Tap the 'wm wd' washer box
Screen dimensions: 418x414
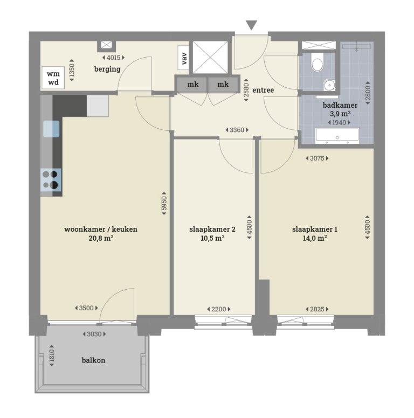click(x=53, y=78)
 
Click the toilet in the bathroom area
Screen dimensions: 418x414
click(x=318, y=64)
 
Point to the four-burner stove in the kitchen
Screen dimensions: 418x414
click(x=51, y=179)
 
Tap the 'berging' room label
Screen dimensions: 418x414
click(x=107, y=69)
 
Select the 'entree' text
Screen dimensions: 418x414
click(x=263, y=90)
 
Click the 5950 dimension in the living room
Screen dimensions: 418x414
click(x=164, y=205)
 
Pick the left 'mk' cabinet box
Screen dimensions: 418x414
click(x=192, y=84)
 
